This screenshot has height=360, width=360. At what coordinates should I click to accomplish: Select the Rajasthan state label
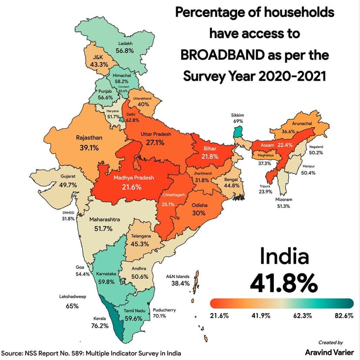point(89,138)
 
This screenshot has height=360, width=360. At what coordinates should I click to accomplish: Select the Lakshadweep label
point(73,297)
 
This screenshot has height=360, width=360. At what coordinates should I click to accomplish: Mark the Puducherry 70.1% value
point(160,316)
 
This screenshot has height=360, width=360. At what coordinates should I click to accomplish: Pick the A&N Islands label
point(178,276)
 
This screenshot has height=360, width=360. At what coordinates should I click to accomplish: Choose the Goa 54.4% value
point(82,274)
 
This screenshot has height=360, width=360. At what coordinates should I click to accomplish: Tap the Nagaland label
point(316,147)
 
